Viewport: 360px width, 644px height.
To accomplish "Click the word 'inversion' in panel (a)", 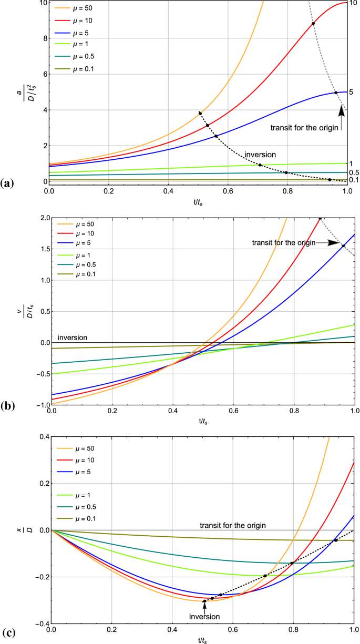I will point(260,155).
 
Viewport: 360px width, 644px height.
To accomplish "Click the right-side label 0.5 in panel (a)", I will point(354,172).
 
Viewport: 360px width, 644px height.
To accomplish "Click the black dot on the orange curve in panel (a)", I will point(200,113).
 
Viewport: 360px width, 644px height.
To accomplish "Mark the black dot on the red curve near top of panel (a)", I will point(313,23).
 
